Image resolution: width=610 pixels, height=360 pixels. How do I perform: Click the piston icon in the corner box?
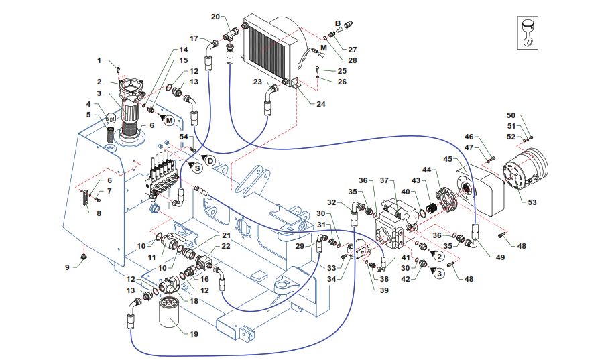(527, 32)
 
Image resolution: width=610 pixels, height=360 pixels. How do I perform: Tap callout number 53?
(532, 202)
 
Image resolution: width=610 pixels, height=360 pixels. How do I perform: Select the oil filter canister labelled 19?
(172, 311)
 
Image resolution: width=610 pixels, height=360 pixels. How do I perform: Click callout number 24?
(320, 104)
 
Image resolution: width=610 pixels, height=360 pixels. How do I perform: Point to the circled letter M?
(169, 121)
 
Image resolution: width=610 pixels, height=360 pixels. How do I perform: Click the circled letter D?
(210, 160)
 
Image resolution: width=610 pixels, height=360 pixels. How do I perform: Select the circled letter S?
(198, 168)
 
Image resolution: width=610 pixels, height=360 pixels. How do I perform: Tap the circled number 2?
(439, 256)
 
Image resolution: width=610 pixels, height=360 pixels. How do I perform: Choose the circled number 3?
(439, 274)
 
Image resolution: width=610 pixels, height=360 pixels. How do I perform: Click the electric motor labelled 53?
(524, 170)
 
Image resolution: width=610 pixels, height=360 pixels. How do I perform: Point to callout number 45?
(448, 159)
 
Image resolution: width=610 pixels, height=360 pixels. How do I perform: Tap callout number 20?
(215, 17)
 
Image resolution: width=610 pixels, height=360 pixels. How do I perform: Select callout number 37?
(384, 180)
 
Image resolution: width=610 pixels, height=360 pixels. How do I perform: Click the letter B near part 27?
(338, 23)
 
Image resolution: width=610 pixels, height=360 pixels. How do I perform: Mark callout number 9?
(67, 267)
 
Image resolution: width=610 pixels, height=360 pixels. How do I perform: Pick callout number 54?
(184, 137)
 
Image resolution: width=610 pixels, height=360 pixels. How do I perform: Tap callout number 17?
(194, 38)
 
